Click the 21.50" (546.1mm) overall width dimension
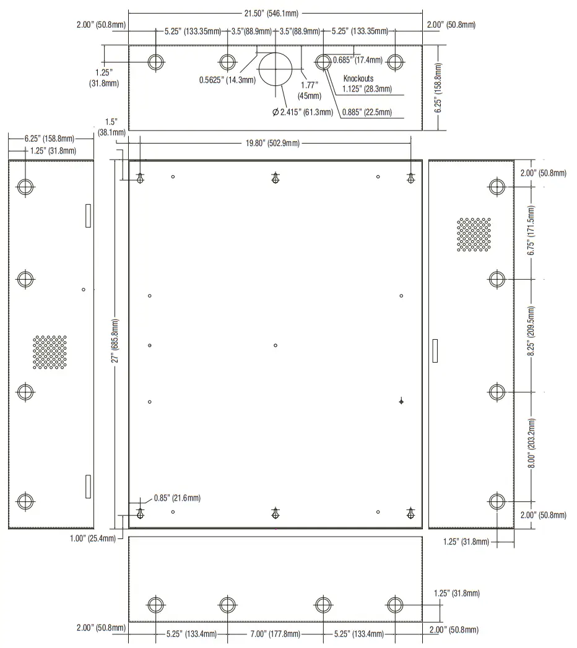point(275,13)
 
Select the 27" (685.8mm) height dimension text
point(115,344)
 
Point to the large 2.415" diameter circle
point(275,69)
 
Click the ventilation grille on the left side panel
point(50,352)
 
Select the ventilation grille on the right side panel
point(474,234)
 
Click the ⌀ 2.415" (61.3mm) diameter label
point(302,112)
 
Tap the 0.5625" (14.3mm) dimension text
point(227,80)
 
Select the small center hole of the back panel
point(275,345)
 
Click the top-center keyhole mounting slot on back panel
point(275,178)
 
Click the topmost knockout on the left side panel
point(25,187)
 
